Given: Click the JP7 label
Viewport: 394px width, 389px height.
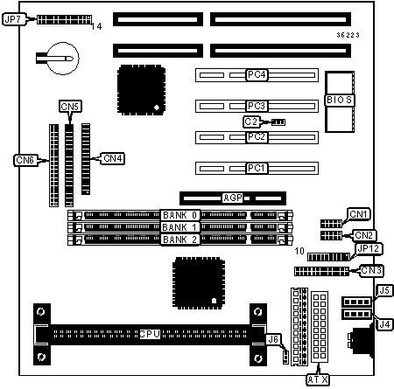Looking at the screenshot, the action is (x=14, y=19).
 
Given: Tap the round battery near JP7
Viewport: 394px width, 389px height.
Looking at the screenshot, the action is (x=63, y=59).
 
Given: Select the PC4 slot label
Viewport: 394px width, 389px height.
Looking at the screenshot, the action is (x=257, y=75).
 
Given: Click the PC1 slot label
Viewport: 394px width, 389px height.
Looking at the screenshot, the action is (x=257, y=168).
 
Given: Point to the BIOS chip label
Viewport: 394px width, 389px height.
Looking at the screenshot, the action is (x=339, y=100).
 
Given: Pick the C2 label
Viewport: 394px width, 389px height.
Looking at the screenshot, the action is (x=251, y=122).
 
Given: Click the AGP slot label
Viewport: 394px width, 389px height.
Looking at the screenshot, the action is (x=233, y=198).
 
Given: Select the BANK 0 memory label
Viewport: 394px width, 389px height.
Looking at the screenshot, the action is (x=180, y=215).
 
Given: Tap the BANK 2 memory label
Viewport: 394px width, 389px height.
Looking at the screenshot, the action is (x=180, y=240).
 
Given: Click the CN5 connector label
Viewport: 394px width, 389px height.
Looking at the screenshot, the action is (x=70, y=107).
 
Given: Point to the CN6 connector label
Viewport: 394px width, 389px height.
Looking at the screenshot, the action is (x=25, y=160).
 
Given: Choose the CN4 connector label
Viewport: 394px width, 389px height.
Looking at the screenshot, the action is (x=113, y=158).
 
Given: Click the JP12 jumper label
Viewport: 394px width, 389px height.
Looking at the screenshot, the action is (x=369, y=248).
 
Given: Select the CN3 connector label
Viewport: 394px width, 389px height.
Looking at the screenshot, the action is (x=371, y=271).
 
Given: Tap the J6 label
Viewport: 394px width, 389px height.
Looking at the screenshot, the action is (x=273, y=339).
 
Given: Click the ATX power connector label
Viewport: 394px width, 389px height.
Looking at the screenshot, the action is (x=318, y=379).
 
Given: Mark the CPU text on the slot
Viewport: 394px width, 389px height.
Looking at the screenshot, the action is (x=150, y=334).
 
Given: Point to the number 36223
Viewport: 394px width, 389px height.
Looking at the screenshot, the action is (x=348, y=35).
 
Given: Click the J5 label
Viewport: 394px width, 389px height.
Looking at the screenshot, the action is (x=384, y=290).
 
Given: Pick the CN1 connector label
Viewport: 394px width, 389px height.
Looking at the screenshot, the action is (x=358, y=214).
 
